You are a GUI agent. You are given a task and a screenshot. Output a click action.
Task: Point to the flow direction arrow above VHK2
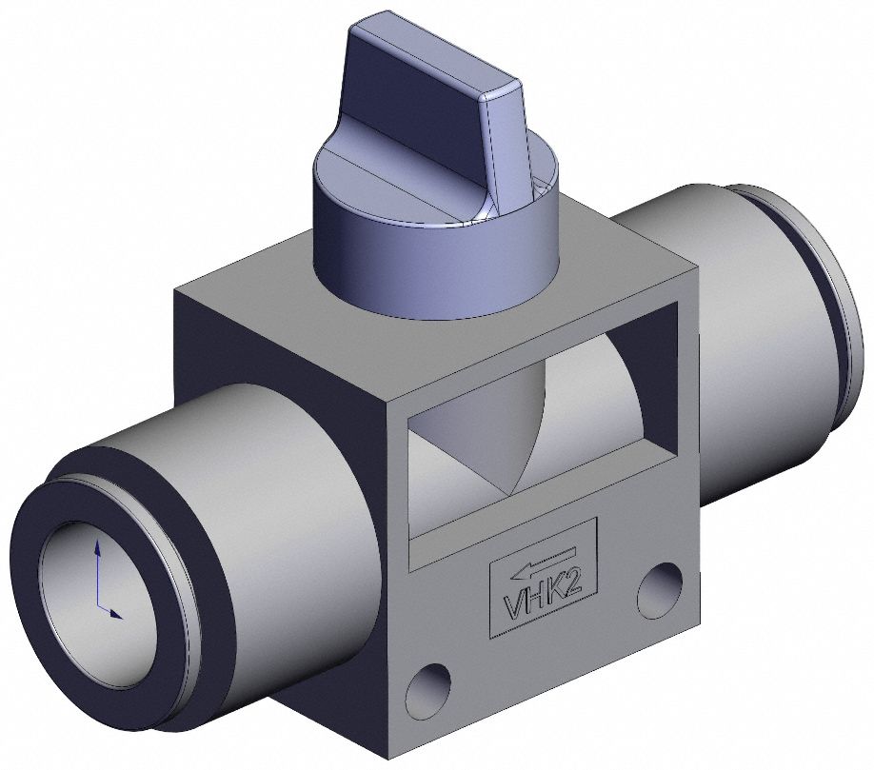[543, 563]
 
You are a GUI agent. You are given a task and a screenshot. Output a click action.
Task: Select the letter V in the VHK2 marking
[512, 607]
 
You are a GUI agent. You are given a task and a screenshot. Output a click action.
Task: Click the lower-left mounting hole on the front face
[425, 687]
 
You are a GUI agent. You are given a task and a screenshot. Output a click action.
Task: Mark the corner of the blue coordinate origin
[99, 608]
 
